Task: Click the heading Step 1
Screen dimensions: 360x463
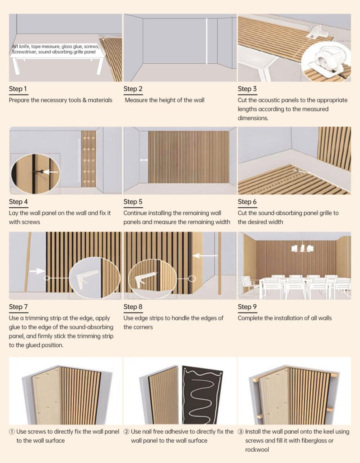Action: [x=18, y=89]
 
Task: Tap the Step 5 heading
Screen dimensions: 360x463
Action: [x=133, y=202]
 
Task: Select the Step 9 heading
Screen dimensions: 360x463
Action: [x=247, y=307]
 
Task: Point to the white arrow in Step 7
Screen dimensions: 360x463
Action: [x=37, y=270]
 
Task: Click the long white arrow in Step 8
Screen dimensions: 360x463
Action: [x=205, y=255]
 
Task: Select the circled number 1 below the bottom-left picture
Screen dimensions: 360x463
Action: [x=12, y=432]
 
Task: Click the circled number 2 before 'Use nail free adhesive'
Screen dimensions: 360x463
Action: [x=126, y=432]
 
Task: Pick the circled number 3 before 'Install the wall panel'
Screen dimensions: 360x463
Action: [x=240, y=432]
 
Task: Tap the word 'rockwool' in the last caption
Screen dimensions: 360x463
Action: [x=257, y=450]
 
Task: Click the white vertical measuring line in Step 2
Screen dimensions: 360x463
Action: [x=206, y=41]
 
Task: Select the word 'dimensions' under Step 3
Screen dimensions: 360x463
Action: [x=252, y=118]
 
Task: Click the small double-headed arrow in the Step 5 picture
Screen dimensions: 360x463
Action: [x=144, y=160]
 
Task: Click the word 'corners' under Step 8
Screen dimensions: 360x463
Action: [x=143, y=327]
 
